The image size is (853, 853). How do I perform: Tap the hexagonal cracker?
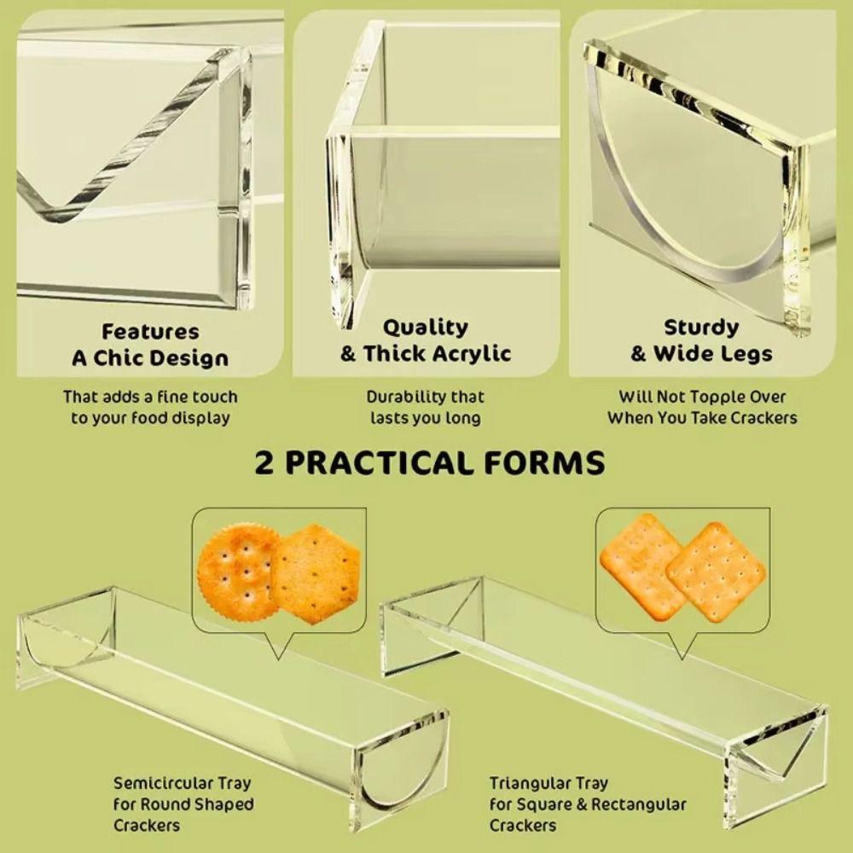point(316,573)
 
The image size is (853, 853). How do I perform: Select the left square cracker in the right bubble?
point(642,566)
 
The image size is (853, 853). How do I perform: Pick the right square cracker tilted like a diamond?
point(716,572)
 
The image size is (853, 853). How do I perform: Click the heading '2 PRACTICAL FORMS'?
point(429,463)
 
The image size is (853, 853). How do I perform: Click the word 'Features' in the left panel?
point(150,332)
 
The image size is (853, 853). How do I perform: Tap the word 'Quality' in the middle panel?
point(426,328)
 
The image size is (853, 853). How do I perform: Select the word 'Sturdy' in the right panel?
point(701,328)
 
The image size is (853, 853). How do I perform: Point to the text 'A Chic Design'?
point(150,358)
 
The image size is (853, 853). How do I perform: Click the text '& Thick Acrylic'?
point(426,354)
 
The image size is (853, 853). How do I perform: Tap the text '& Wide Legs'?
point(701,354)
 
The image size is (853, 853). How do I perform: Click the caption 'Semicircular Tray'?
point(183,783)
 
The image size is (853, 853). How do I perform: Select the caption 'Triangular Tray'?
point(548,783)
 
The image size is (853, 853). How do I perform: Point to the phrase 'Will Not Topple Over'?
point(702,397)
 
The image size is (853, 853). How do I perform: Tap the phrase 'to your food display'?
point(150,418)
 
